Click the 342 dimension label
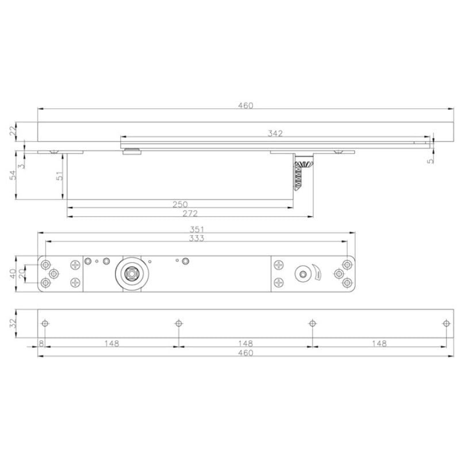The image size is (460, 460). point(275,133)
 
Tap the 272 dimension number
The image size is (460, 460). point(190,213)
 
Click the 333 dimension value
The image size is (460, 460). point(197,238)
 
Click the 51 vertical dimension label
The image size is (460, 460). point(59,176)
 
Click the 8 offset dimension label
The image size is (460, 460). point(41,344)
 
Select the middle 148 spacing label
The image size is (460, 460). point(245,344)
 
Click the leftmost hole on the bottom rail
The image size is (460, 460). point(45,323)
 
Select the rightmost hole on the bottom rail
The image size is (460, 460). point(446,323)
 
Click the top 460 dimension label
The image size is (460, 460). point(245,105)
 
